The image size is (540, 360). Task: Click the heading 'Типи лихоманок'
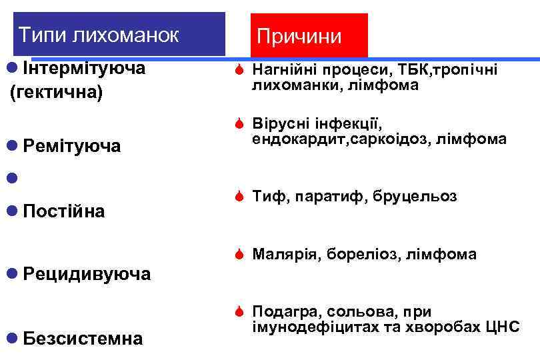pos(99,34)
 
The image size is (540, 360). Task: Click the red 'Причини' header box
pos(299,36)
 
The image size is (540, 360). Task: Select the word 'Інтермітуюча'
pos(84,68)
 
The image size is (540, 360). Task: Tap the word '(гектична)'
pos(56,91)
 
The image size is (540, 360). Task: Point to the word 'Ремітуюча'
pos(71,146)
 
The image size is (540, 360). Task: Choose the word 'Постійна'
pos(63,211)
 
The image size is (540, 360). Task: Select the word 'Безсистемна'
pos(82,339)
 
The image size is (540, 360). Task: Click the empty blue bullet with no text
pos(10,179)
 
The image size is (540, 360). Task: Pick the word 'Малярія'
pos(283,254)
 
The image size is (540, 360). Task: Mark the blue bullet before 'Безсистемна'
pos(10,339)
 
